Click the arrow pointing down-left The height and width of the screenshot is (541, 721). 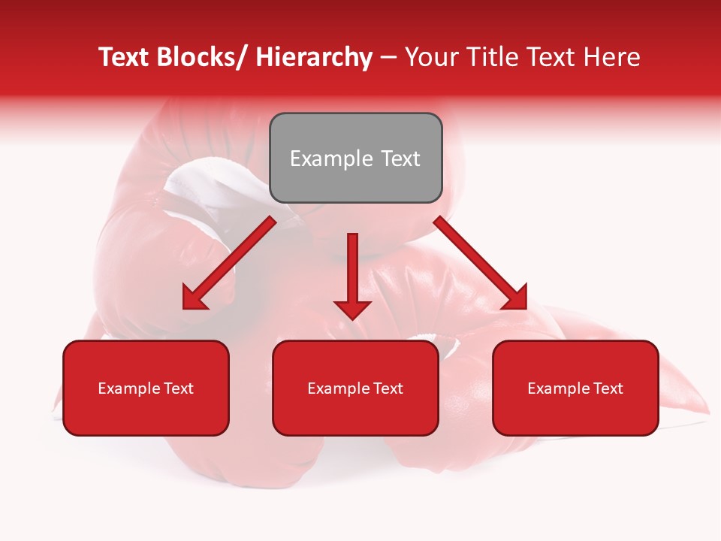point(229,263)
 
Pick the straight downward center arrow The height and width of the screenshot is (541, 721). point(352,274)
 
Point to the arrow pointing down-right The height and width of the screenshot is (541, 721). point(481,263)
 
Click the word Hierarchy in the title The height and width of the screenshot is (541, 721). point(314,57)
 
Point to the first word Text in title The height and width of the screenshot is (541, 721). point(125,57)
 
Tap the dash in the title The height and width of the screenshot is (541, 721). point(388,58)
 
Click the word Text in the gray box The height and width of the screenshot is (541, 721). point(400,159)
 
